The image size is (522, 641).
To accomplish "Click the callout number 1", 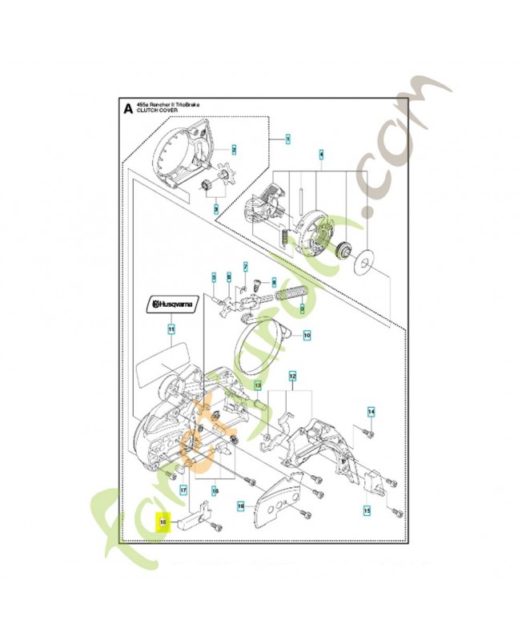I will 287,139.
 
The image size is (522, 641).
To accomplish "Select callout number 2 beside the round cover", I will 234,149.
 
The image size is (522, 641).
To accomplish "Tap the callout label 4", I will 322,153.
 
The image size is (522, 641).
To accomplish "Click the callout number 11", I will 170,329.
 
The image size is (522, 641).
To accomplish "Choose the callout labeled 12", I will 292,375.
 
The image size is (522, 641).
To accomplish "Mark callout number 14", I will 371,413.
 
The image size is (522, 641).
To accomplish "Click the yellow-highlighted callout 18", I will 162,522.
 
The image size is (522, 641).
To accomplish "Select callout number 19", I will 240,506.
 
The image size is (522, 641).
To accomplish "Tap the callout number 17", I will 183,490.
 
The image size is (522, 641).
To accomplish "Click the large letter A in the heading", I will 126,108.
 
